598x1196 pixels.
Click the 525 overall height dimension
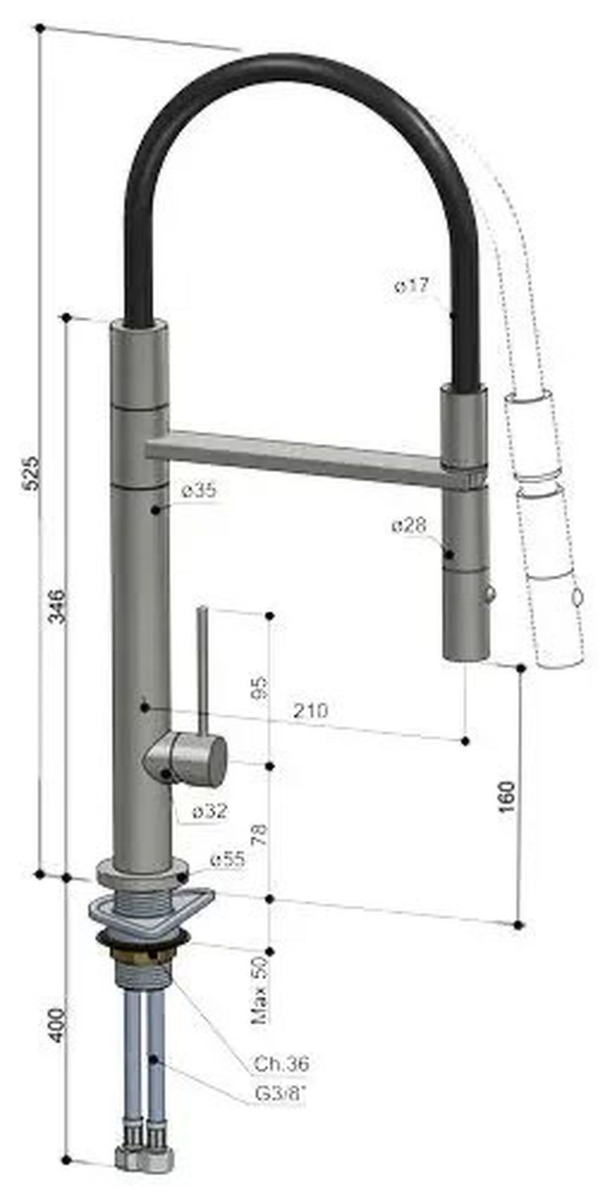(31, 474)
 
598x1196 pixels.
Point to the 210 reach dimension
(310, 711)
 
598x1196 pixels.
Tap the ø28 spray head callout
(408, 526)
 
